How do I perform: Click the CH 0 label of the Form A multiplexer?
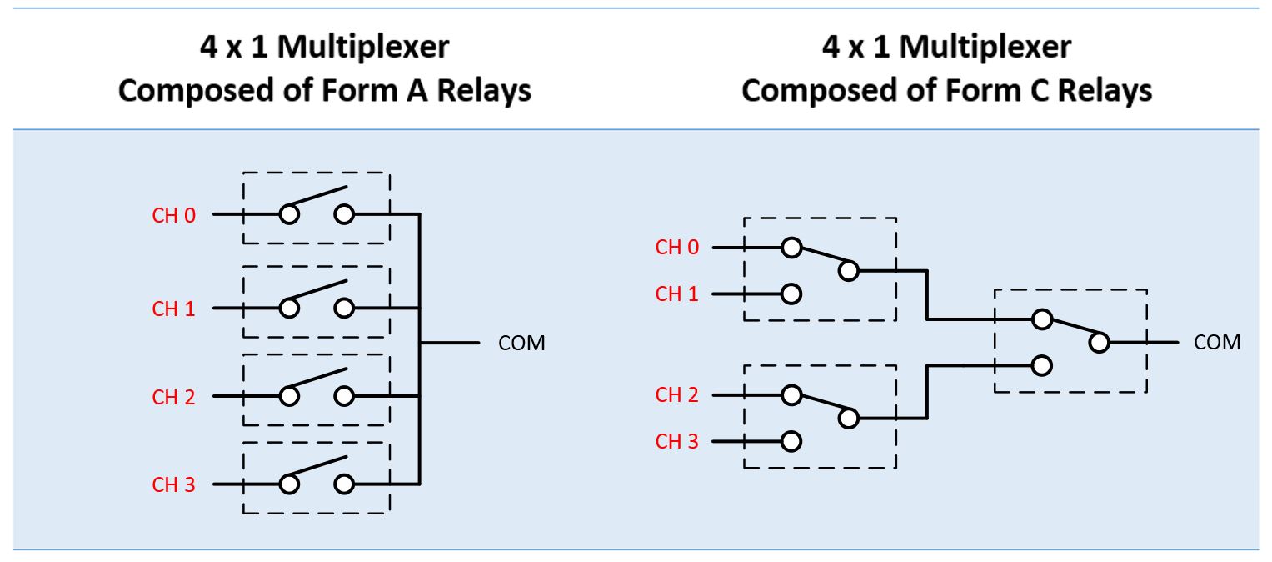pos(173,215)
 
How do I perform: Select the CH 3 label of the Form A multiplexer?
pos(173,484)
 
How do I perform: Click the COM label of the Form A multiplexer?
pos(521,343)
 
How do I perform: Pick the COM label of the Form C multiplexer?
pos(1217,342)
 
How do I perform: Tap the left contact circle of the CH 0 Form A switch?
pos(289,215)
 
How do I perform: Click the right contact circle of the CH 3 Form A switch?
pos(344,484)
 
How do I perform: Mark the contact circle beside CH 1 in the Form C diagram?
pos(791,294)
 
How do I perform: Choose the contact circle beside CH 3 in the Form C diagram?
pos(791,441)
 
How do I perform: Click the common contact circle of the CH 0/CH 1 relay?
pos(848,270)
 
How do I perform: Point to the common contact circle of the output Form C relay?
pos(1100,342)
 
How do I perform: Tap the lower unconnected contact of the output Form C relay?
pos(1040,365)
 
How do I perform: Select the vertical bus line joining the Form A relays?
pos(420,350)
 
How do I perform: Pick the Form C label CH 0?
pos(677,248)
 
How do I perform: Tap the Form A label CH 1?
pos(173,309)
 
